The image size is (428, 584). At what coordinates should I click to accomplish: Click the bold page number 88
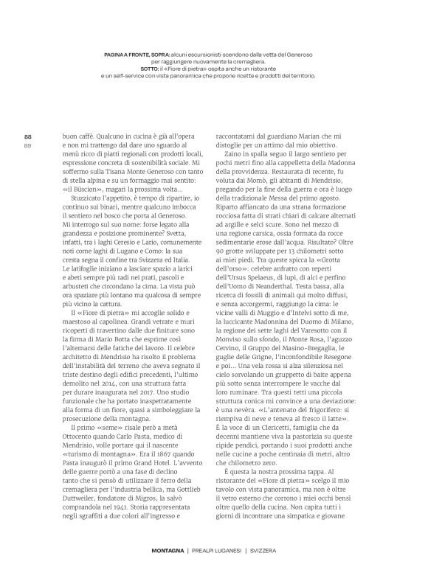(x=28, y=136)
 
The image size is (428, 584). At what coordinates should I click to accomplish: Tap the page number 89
(x=28, y=145)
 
